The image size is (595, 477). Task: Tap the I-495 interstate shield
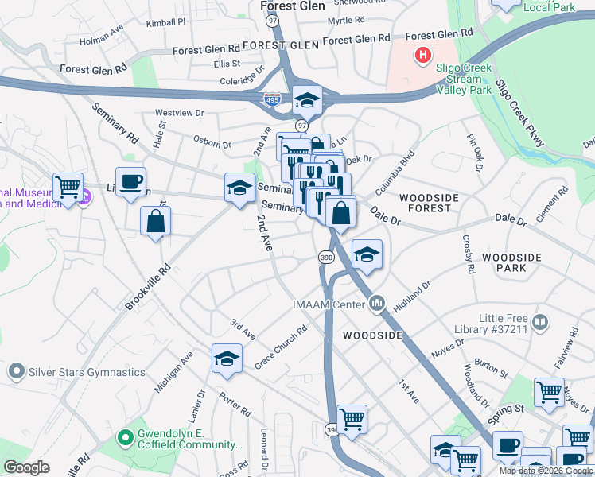click(272, 99)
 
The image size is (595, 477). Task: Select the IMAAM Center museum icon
click(377, 303)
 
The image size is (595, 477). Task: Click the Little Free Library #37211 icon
click(540, 322)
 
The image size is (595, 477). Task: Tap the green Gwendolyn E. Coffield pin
click(125, 437)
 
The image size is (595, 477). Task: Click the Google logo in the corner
click(26, 467)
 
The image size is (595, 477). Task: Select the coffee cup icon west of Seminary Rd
click(130, 183)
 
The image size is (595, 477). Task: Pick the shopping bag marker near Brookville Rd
click(155, 222)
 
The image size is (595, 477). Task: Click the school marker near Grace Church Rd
click(227, 359)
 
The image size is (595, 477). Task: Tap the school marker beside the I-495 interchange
click(306, 101)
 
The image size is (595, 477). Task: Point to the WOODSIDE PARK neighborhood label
click(511, 262)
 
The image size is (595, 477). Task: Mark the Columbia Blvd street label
click(395, 174)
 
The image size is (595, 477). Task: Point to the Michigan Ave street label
click(174, 371)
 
